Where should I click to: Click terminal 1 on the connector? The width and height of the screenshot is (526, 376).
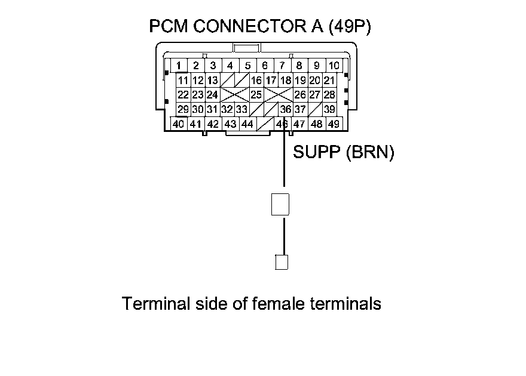(179, 65)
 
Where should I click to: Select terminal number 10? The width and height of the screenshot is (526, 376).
(334, 65)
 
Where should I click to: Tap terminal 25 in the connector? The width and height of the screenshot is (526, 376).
(256, 94)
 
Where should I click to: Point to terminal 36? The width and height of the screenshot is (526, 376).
(285, 109)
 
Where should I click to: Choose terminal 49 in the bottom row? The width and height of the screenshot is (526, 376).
(334, 124)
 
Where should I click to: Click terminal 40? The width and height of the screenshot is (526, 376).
(178, 124)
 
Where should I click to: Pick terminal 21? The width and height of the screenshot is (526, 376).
(329, 80)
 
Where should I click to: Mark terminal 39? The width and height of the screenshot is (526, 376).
(329, 109)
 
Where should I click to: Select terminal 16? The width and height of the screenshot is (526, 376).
(256, 80)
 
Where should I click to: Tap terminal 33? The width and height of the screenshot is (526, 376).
(241, 109)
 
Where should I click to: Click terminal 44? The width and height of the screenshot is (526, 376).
(247, 124)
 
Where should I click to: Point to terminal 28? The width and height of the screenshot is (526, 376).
(329, 94)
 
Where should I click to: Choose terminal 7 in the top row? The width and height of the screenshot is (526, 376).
(282, 65)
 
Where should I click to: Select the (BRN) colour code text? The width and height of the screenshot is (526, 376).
(369, 153)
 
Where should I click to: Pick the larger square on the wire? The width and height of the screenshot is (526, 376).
(280, 204)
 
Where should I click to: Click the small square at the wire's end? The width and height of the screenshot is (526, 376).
(282, 261)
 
